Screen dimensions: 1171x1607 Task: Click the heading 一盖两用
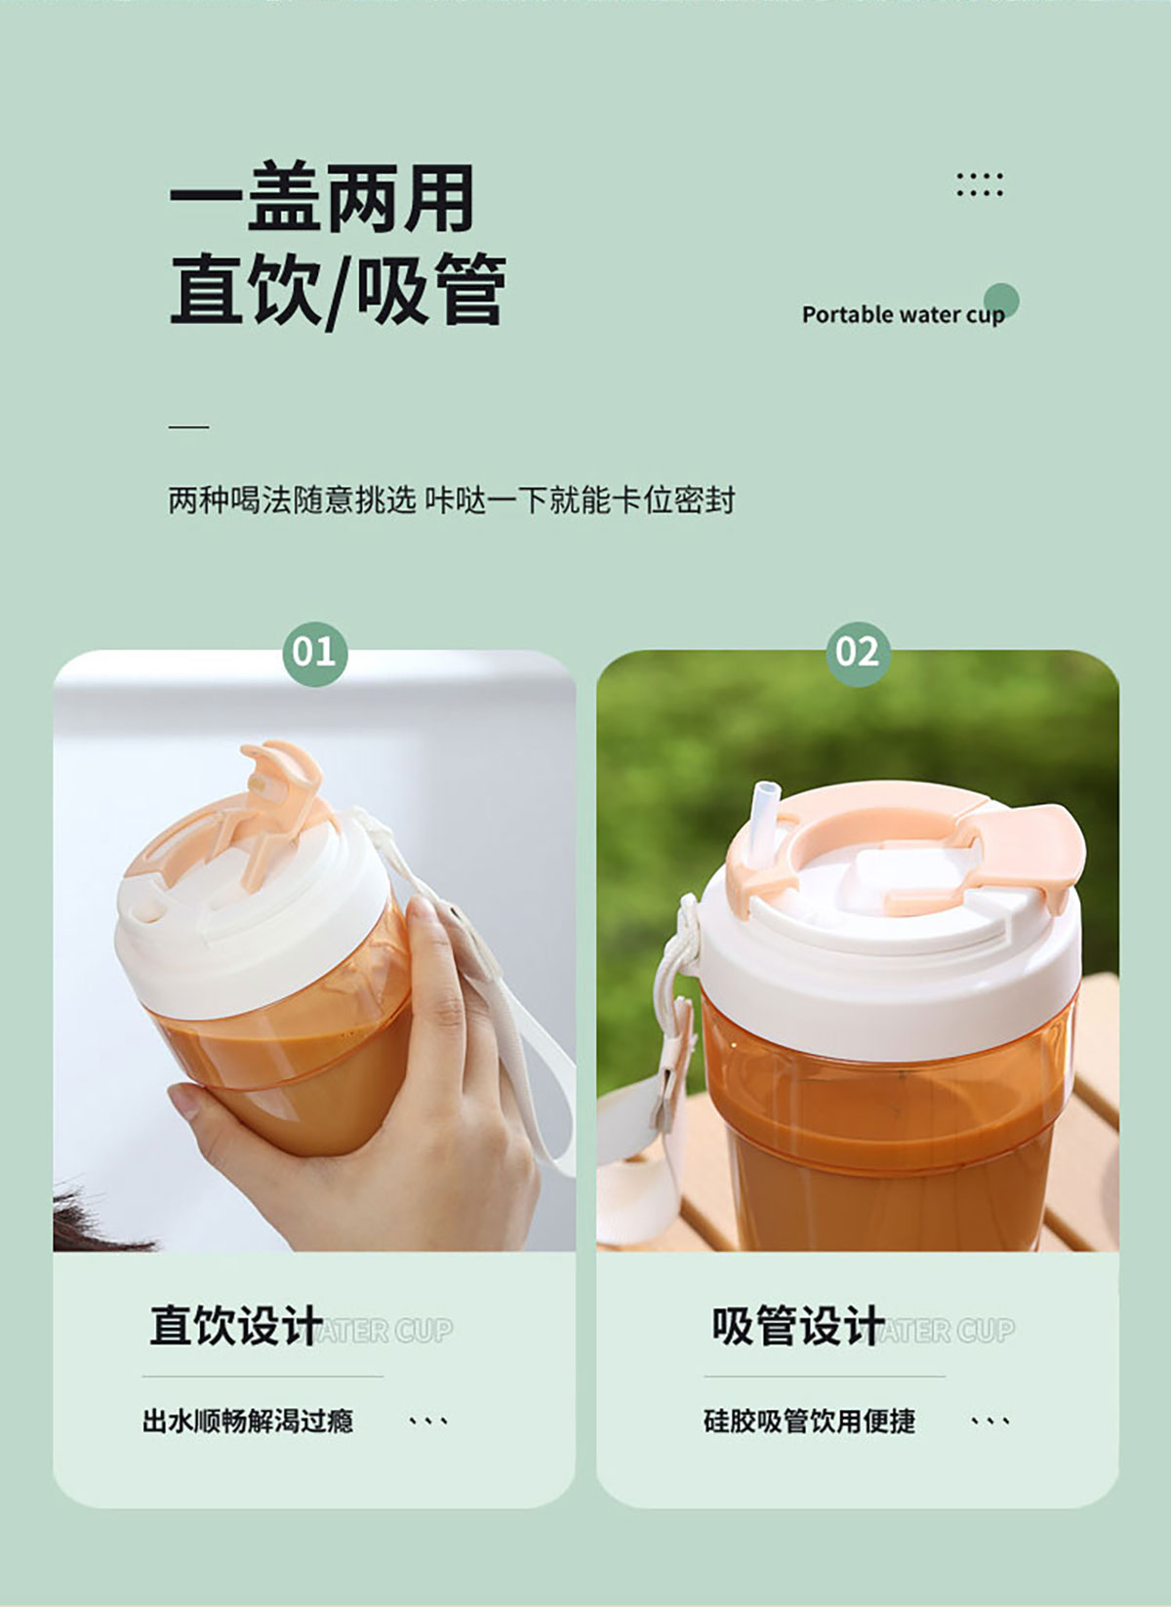[x=321, y=197]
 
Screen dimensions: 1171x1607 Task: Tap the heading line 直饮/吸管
[x=338, y=289]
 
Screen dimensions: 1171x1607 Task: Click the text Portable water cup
[x=904, y=315]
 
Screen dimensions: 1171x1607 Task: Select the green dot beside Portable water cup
[x=1001, y=301]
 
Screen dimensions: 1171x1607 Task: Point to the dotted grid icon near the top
[x=980, y=184]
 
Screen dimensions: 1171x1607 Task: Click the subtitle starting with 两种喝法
[x=452, y=500]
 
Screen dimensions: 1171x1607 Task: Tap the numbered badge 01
[x=314, y=654]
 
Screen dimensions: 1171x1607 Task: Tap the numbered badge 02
[x=858, y=654]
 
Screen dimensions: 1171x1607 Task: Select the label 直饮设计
[x=237, y=1326]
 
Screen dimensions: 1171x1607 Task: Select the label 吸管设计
[x=798, y=1326]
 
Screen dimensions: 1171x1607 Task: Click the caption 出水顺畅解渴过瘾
[x=248, y=1422]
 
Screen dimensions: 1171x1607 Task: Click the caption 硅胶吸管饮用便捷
[x=809, y=1422]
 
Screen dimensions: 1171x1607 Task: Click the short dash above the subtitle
[x=188, y=426]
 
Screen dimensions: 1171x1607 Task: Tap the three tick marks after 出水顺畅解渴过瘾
[x=428, y=1421]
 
